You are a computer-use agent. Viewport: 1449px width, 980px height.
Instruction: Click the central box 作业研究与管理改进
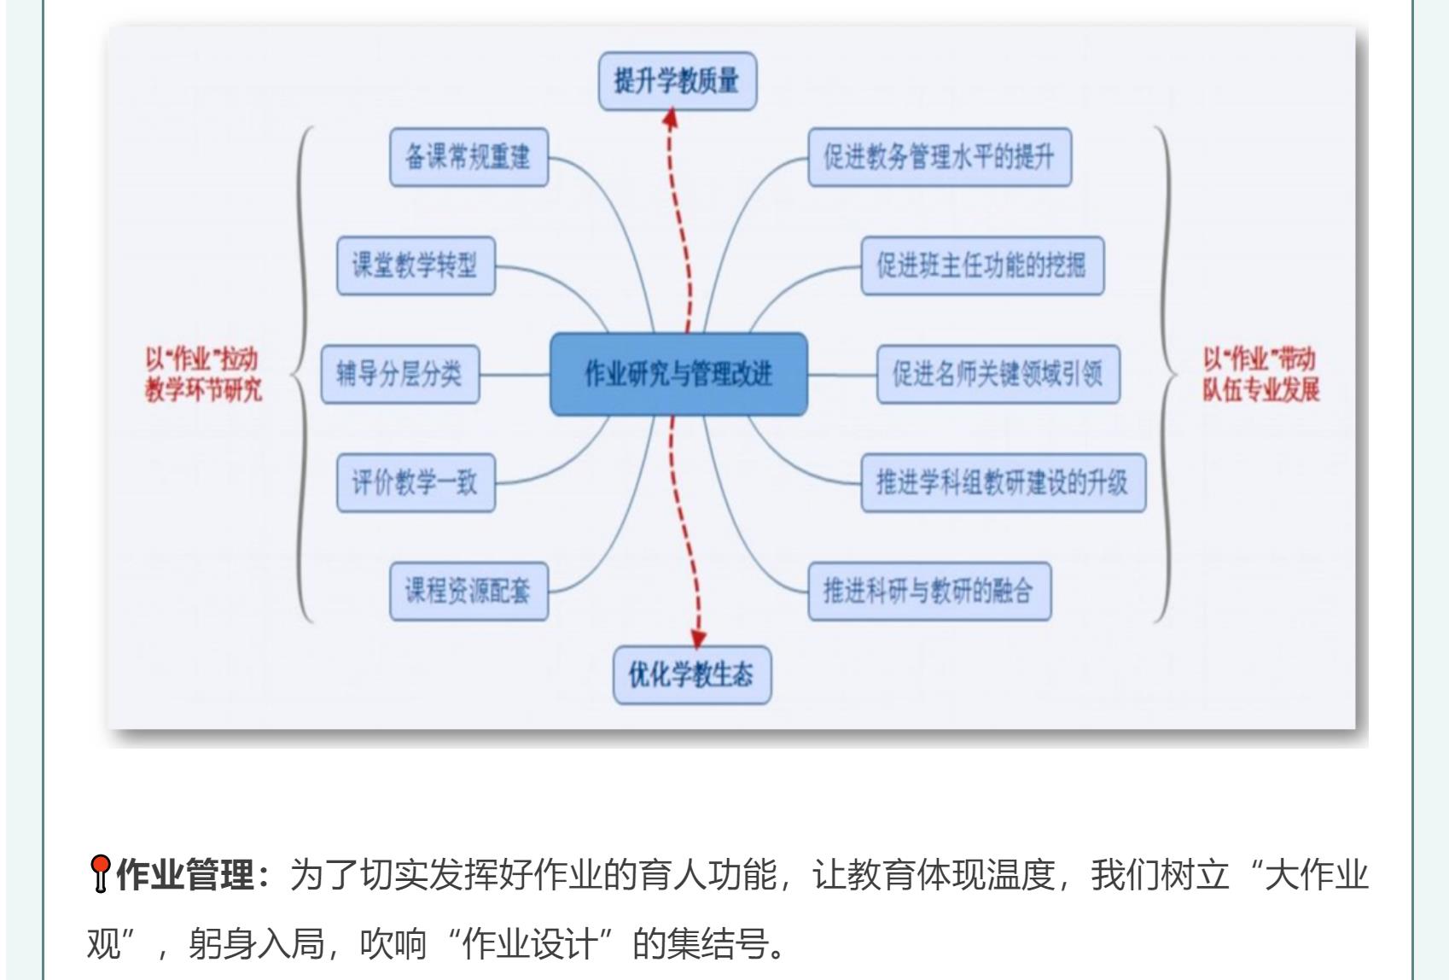point(678,374)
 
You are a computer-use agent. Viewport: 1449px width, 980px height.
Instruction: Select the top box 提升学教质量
point(678,81)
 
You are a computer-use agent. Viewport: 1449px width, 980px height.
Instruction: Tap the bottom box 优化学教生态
point(691,675)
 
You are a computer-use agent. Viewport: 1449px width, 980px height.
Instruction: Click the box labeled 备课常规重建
point(468,157)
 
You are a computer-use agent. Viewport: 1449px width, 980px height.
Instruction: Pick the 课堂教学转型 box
point(416,265)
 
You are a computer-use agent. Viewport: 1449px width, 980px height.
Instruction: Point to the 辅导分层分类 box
point(399,374)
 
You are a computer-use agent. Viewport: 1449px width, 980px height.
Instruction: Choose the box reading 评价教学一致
point(416,482)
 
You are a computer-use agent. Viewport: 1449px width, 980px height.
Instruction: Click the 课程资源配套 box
point(468,591)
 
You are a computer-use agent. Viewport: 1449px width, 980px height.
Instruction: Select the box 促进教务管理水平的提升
point(939,157)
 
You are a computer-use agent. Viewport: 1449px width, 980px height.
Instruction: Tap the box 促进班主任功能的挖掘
point(981,265)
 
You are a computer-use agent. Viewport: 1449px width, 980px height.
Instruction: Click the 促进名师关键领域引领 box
point(998,374)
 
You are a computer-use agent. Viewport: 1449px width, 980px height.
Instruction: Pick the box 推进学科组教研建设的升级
point(1003,482)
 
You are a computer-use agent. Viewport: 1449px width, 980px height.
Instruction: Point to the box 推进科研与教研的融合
point(929,591)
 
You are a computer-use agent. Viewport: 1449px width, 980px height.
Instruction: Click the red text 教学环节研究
point(203,390)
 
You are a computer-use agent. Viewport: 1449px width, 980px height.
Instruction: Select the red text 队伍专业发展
point(1261,390)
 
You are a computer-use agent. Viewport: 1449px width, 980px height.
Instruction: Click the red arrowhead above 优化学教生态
point(699,638)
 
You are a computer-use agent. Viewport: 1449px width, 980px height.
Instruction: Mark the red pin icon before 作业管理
point(101,874)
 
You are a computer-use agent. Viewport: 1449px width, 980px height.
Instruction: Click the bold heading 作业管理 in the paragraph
point(184,876)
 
